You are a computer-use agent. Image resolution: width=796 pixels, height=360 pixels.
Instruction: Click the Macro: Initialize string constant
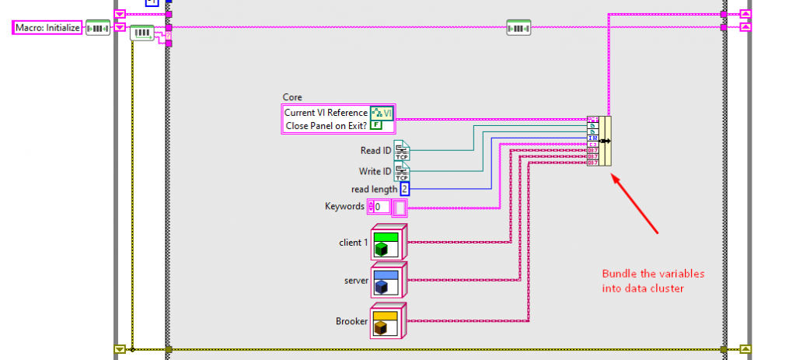[x=47, y=28]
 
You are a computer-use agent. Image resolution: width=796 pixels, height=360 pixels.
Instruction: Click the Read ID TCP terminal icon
[x=402, y=150]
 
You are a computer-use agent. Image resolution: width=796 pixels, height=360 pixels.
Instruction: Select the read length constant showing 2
[x=404, y=188]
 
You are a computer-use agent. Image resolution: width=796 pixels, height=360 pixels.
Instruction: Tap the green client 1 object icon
[x=386, y=242]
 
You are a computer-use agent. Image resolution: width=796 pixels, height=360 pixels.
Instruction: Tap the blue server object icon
[x=386, y=280]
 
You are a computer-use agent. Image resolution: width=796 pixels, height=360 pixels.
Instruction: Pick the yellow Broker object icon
[x=386, y=320]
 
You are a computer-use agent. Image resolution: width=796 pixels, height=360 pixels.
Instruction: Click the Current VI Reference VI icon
[x=382, y=113]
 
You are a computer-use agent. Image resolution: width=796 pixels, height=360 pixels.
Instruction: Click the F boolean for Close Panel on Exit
[x=376, y=124]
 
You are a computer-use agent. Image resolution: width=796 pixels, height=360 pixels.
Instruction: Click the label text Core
[x=292, y=98]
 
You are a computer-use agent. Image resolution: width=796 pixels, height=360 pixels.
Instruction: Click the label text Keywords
[x=344, y=207]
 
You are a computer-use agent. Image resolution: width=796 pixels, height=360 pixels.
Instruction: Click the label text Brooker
[x=351, y=320]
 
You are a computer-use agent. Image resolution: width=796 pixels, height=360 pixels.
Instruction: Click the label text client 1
[x=354, y=242]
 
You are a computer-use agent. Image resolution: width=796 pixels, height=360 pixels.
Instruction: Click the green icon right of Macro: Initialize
[x=97, y=28]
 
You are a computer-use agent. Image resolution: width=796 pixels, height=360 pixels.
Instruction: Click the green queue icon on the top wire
[x=518, y=28]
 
